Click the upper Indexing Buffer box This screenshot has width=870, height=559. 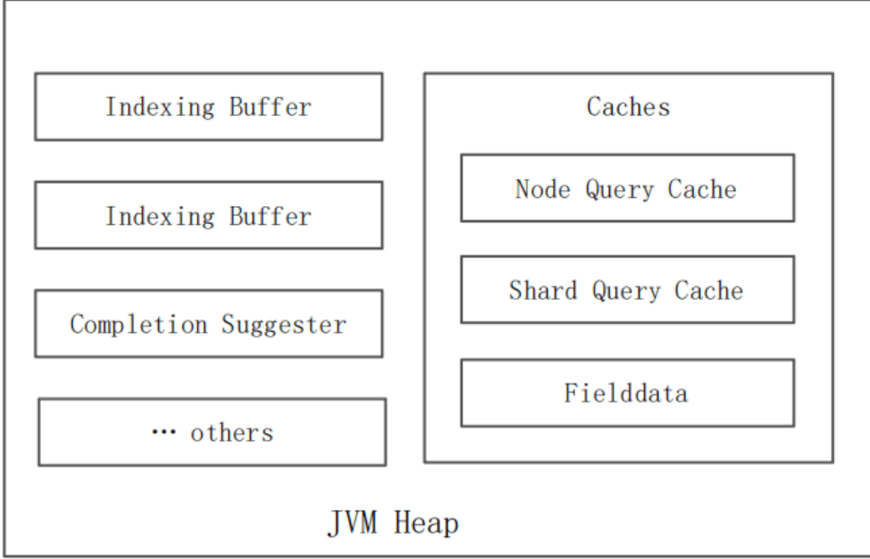[209, 107]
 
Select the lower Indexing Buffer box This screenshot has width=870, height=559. [209, 216]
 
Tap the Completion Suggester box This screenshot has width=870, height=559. [209, 324]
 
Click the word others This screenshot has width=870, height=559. [232, 433]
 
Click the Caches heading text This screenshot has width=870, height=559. [628, 107]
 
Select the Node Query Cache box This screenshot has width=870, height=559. [627, 189]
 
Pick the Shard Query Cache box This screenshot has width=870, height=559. [627, 290]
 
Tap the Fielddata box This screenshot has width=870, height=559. [627, 393]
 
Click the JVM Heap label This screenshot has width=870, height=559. [392, 523]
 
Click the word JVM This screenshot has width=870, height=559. [351, 523]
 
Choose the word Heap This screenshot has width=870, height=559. [425, 523]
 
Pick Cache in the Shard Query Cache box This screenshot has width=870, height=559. [710, 290]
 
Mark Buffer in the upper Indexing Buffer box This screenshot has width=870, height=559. [270, 107]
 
